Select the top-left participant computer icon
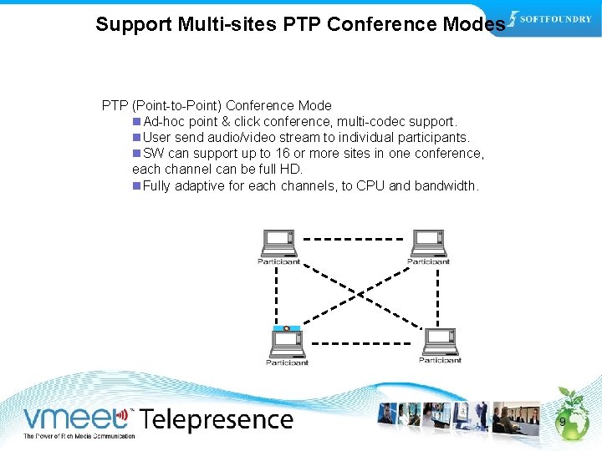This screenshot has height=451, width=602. (x=278, y=242)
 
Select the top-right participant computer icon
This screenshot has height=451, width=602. (x=427, y=242)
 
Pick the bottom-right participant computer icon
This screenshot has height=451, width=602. (x=439, y=342)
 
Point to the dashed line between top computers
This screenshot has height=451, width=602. (x=352, y=239)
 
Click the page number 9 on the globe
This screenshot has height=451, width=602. (x=563, y=423)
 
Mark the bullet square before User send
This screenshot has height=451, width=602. (x=136, y=138)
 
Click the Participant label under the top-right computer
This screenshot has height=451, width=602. (x=428, y=261)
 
